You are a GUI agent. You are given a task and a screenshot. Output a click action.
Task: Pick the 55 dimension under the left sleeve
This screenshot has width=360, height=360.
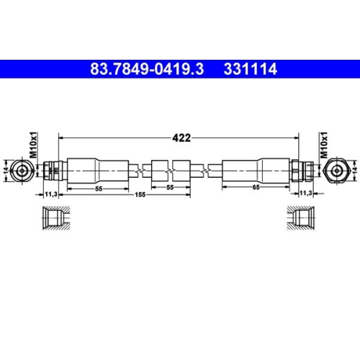99,186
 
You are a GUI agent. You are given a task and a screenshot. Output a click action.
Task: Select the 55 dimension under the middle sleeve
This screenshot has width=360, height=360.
170,186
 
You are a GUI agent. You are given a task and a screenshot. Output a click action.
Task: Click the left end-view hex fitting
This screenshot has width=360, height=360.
24,171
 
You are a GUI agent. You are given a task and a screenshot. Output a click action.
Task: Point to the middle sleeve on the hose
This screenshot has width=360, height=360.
170,171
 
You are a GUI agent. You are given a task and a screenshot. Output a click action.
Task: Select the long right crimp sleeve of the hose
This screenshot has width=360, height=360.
256,171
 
